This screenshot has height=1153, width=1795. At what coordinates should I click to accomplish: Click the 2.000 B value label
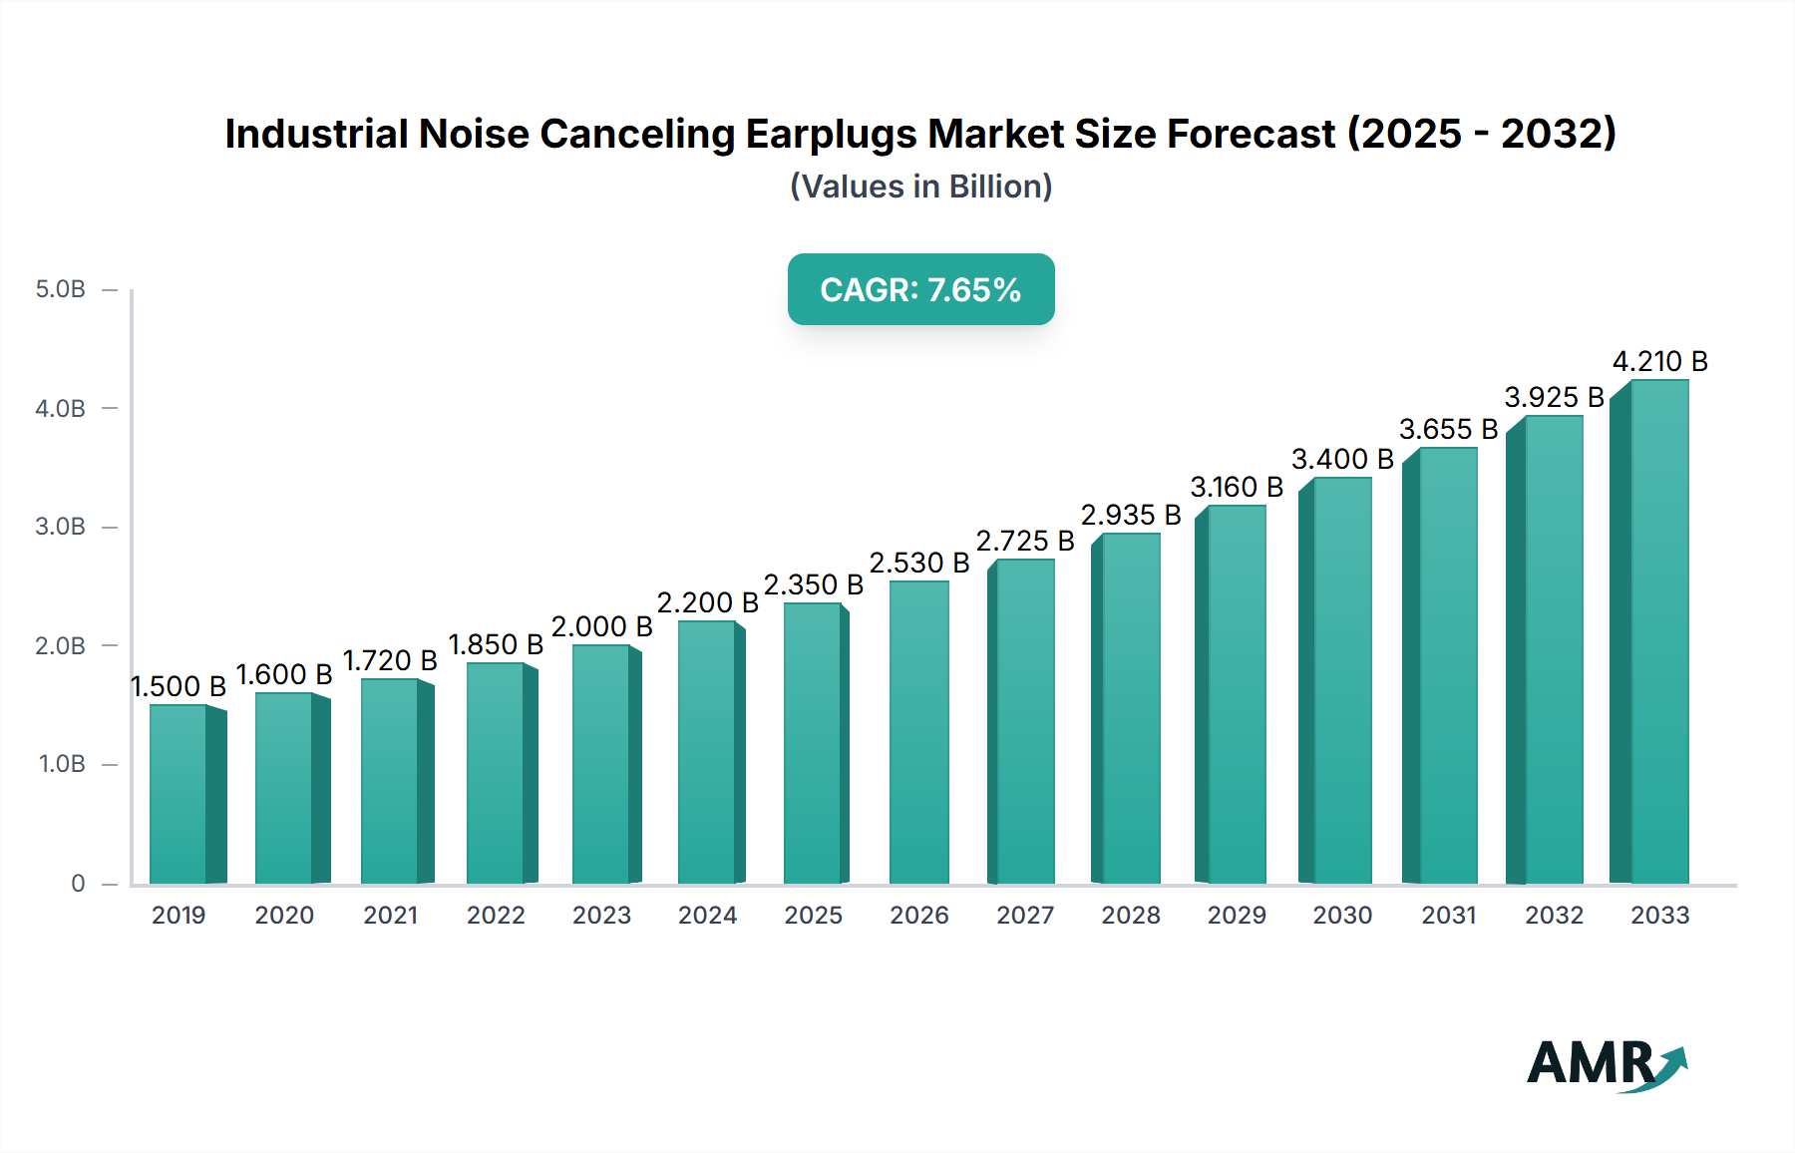601,626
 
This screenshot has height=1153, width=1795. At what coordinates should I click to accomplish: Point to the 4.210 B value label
1659,361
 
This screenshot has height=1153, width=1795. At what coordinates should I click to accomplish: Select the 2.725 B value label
1025,541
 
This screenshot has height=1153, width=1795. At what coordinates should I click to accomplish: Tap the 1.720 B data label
390,660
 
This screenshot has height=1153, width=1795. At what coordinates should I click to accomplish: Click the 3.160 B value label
1237,487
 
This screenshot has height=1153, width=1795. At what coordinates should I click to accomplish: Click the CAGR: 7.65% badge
920,289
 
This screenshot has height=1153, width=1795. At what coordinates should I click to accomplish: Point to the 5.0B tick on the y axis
60,289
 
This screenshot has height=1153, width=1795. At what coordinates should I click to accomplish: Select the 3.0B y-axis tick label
60,527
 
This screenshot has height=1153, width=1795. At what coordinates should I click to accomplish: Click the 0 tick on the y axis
78,883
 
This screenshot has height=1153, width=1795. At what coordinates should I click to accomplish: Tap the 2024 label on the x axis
707,915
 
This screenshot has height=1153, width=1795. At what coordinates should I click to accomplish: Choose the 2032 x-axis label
1554,915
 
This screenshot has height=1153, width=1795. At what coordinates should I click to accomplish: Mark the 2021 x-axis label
390,915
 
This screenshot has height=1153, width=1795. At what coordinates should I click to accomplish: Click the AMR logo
1606,1064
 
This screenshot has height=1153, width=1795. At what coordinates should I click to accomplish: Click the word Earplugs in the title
835,134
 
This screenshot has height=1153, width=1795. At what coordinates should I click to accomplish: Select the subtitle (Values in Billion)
920,187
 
